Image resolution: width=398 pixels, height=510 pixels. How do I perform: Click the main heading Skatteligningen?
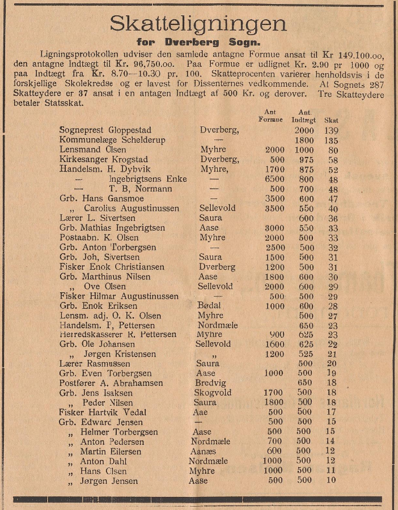click(198, 24)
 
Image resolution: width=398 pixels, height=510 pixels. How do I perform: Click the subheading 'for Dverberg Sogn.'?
click(198, 42)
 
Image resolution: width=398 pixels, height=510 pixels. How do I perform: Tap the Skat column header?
click(331, 120)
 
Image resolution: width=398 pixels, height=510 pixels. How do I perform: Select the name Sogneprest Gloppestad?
click(105, 130)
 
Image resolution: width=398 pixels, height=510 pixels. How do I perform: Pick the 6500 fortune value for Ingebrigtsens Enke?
click(274, 179)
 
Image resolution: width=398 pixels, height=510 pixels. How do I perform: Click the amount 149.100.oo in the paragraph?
click(354, 54)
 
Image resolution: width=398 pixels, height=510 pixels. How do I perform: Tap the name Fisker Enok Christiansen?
click(112, 267)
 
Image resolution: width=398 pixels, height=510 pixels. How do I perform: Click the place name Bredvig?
click(210, 383)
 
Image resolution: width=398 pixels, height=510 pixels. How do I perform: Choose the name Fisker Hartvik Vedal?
click(101, 413)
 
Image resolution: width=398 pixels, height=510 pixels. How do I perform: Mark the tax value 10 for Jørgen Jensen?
click(331, 481)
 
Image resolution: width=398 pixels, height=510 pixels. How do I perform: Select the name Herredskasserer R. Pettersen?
click(117, 334)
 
